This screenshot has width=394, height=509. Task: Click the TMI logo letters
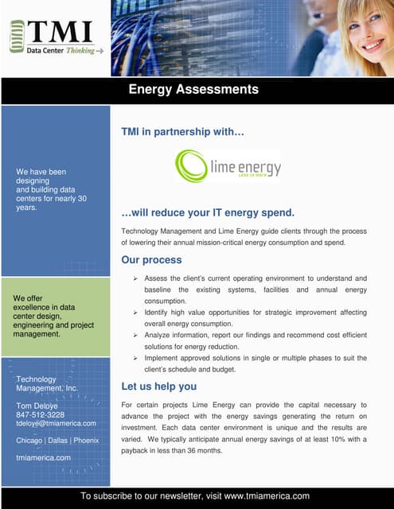[60, 32]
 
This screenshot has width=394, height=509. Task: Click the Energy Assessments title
[193, 90]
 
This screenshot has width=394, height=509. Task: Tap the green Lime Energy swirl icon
[190, 166]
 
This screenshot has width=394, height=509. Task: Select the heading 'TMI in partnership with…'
[182, 130]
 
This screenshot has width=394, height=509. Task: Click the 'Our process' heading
[151, 260]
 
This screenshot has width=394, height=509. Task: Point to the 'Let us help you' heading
[158, 387]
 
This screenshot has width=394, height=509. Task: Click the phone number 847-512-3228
[41, 414]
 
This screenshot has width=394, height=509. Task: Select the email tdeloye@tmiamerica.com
[56, 423]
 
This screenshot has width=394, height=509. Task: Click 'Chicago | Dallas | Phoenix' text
[58, 441]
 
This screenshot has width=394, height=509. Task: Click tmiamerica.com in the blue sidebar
[44, 458]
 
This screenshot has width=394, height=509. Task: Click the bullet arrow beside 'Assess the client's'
[136, 278]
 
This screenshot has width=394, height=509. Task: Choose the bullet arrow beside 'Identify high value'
[136, 313]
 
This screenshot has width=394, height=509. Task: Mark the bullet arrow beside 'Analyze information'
[136, 336]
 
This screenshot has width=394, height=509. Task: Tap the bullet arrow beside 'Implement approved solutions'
[136, 359]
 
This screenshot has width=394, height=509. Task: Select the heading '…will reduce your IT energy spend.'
[208, 213]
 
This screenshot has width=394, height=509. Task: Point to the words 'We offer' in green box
[28, 298]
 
